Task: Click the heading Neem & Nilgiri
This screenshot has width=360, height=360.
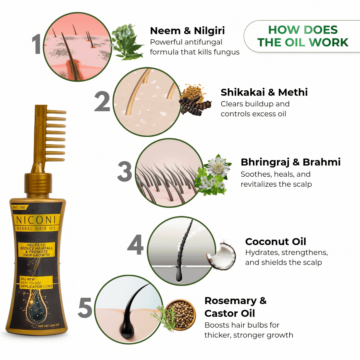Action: [187, 31]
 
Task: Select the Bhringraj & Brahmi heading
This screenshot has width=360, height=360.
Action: [290, 162]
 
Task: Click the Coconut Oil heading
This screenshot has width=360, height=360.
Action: [275, 241]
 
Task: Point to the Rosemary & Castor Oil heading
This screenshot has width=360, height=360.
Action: [235, 307]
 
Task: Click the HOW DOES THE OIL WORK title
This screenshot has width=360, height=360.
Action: [303, 36]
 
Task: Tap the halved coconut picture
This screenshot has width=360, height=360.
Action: [221, 256]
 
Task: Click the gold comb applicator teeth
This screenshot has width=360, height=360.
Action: [55, 135]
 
